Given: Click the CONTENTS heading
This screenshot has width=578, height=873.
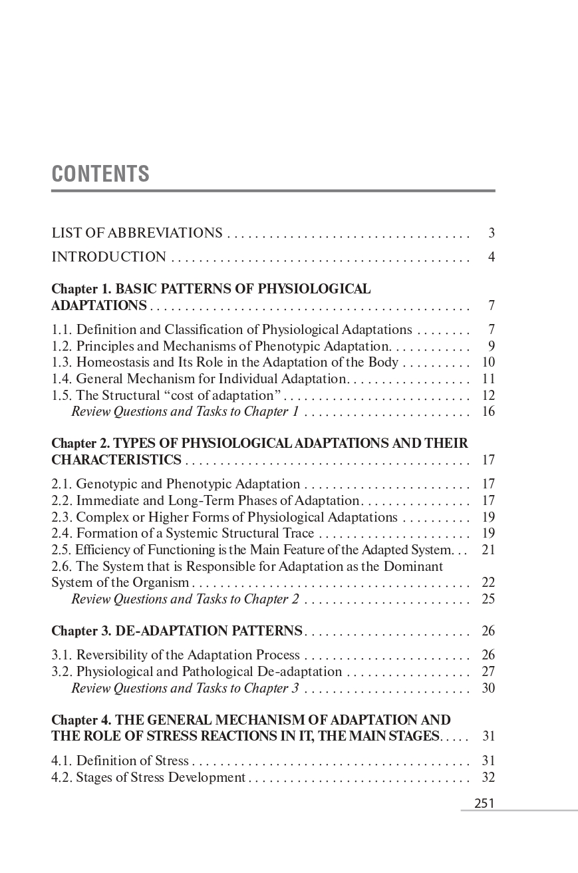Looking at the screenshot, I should click(100, 174).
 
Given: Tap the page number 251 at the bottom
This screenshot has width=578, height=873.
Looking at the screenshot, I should click(484, 803).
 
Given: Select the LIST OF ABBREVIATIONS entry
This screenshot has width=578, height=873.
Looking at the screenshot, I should click(137, 233).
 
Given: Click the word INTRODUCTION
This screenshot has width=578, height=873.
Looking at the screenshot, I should click(109, 257).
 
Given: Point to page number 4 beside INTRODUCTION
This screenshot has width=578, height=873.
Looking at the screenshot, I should click(491, 257).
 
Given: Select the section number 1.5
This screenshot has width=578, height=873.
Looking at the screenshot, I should click(62, 395).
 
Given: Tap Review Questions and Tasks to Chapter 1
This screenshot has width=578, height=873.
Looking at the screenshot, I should click(185, 411).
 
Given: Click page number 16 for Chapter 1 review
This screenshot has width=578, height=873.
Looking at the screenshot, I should click(488, 411).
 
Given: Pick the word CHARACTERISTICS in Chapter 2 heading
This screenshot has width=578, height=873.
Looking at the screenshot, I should click(116, 460).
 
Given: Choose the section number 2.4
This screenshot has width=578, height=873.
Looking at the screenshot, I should click(62, 533).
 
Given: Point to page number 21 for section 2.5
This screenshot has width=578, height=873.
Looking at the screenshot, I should click(488, 550).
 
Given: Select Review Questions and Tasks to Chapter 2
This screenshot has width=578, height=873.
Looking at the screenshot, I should click(185, 599).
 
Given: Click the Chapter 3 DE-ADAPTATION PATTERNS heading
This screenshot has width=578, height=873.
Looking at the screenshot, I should click(177, 631).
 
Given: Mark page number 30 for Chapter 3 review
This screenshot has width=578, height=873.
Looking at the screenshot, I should click(488, 688).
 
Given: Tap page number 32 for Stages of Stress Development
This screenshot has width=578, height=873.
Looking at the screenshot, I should click(488, 777).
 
